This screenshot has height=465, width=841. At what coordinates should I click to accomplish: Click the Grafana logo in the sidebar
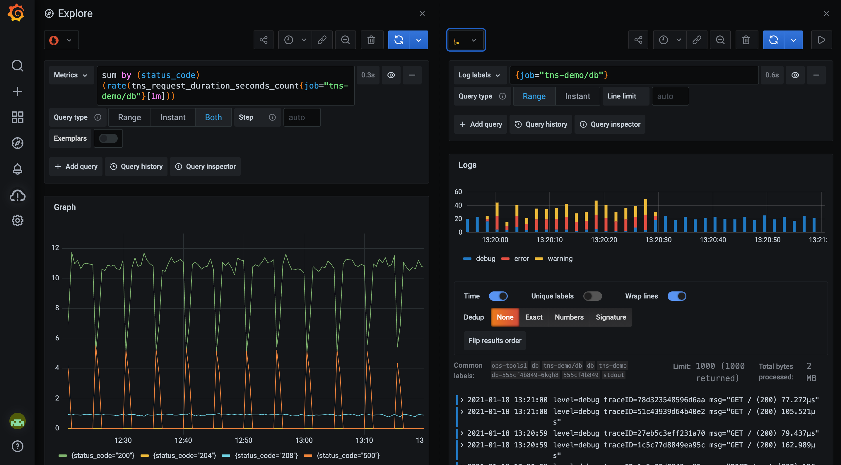[x=16, y=13]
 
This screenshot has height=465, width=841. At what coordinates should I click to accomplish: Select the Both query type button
[x=213, y=117]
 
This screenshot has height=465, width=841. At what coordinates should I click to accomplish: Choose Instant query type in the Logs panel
[x=577, y=96]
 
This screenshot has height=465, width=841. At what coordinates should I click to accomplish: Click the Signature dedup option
[x=611, y=317]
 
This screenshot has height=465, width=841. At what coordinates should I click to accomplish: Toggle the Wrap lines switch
[x=676, y=296]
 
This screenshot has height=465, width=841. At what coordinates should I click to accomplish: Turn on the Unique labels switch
[x=592, y=296]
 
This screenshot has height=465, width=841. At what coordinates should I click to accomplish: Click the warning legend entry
[x=560, y=259]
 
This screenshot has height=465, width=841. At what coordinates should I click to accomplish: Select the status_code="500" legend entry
[x=348, y=456]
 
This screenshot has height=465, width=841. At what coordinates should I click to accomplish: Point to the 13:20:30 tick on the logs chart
[x=658, y=240]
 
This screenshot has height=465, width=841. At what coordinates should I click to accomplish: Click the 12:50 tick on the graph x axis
[x=244, y=440]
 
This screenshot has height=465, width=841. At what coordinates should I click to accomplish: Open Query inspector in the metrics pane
[x=205, y=167]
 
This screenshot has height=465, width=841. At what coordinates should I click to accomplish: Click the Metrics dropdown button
[x=71, y=75]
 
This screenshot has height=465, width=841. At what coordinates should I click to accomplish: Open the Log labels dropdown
[x=479, y=75]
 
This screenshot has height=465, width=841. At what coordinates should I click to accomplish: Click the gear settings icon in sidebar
[x=17, y=220]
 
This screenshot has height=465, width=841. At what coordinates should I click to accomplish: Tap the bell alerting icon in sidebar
[x=17, y=169]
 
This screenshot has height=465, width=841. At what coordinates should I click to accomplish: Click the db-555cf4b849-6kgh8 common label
[x=525, y=375]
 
